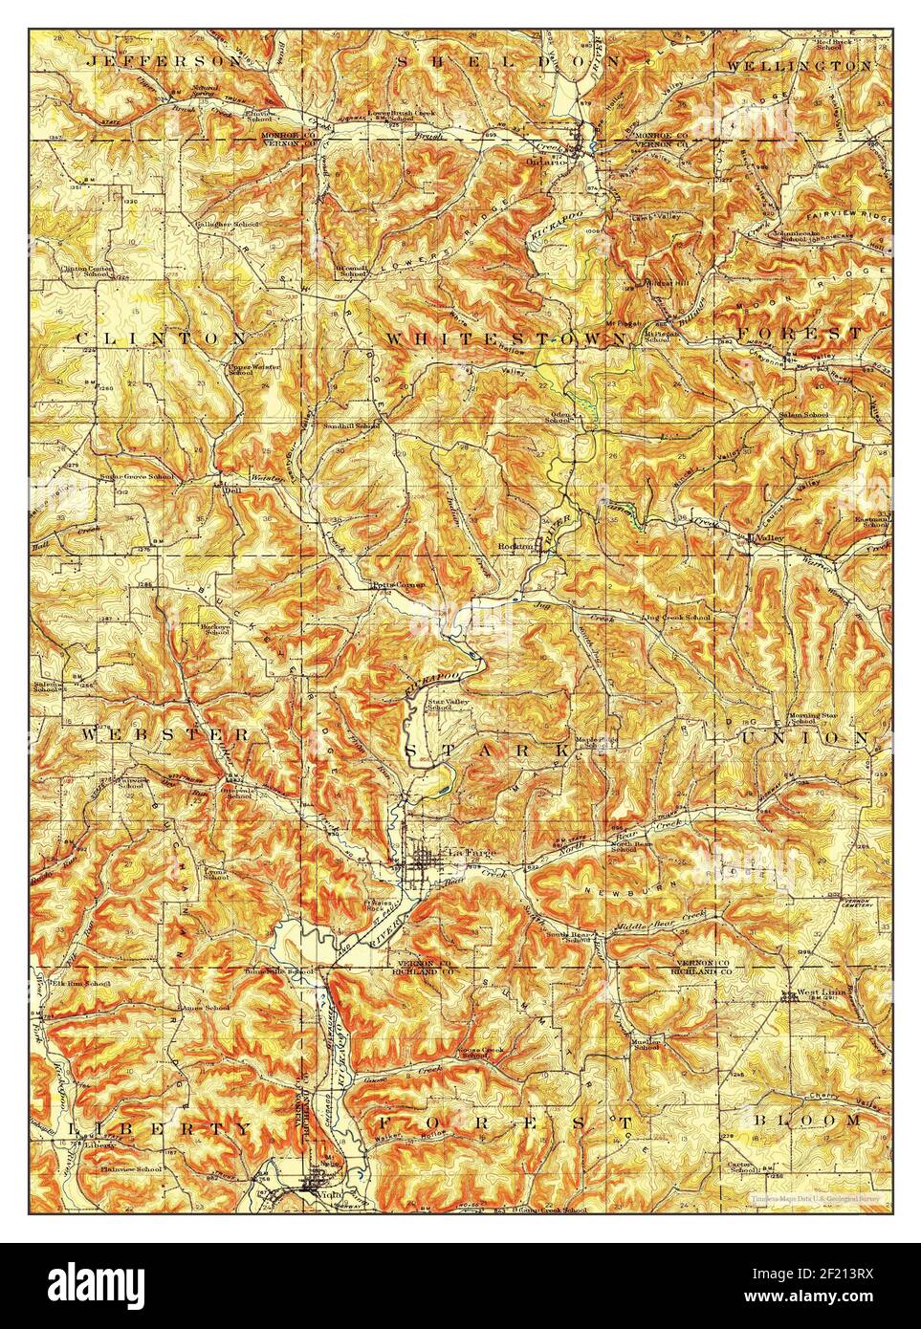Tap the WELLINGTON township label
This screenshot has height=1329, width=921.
tap(799, 66)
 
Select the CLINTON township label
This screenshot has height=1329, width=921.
tap(161, 338)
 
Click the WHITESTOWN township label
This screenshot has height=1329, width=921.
tap(506, 338)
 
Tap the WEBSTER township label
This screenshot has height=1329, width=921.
tap(164, 734)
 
